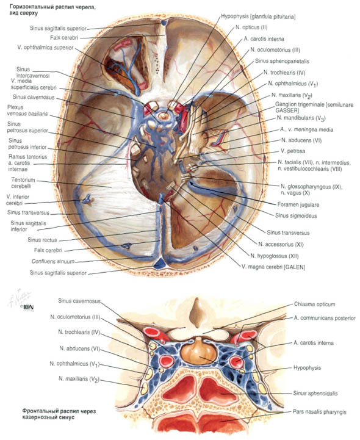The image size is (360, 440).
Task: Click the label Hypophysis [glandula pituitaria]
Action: [258, 16]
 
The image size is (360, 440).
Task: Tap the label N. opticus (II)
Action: [251, 27]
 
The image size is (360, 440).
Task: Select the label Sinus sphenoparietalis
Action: [282, 61]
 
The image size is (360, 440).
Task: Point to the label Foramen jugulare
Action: [298, 204]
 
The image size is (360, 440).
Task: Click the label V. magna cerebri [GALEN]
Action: [273, 267]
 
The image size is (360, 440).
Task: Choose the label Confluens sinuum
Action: [53, 261]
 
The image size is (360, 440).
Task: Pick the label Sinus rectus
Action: [42, 240]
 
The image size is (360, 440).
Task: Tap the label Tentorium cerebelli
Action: [23, 182]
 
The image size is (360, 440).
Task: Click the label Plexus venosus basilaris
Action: [27, 110]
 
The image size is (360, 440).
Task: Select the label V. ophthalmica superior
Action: [45, 48]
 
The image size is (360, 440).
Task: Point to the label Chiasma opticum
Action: [315, 304]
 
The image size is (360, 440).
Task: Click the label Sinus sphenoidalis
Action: [315, 393]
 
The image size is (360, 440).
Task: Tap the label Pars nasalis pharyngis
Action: [320, 412]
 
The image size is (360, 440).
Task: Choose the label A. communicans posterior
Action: [325, 318]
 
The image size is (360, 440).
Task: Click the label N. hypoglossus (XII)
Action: [275, 256]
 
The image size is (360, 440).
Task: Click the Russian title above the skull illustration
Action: [52, 10]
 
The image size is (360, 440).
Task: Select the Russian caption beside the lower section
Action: [59, 414]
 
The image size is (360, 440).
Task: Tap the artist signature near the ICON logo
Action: [20, 297]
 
